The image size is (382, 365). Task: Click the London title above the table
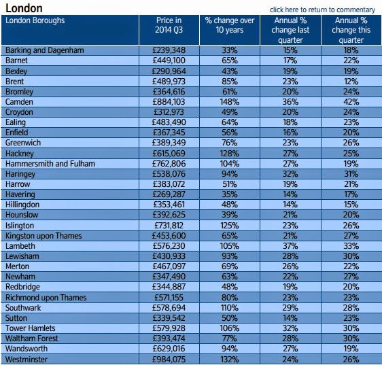pyautogui.click(x=24, y=8)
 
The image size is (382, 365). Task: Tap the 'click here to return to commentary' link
pyautogui.click(x=322, y=10)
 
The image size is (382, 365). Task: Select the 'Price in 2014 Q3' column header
pyautogui.click(x=169, y=25)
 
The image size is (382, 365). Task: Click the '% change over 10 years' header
pyautogui.click(x=230, y=25)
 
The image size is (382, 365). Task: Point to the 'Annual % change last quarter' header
pyautogui.click(x=290, y=30)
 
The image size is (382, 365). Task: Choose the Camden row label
pyautogui.click(x=19, y=102)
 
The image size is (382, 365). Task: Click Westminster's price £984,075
pyautogui.click(x=169, y=360)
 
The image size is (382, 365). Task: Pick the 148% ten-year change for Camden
pyautogui.click(x=230, y=102)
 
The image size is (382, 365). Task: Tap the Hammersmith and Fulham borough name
pyautogui.click(x=50, y=164)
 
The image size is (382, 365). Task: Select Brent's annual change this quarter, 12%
pyautogui.click(x=351, y=82)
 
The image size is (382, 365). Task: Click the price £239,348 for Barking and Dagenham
pyautogui.click(x=169, y=50)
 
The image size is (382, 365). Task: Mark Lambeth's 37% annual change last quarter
pyautogui.click(x=290, y=246)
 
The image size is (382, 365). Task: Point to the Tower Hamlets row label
pyautogui.click(x=31, y=328)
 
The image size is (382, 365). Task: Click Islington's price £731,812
pyautogui.click(x=169, y=226)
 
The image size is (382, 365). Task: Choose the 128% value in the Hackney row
pyautogui.click(x=230, y=154)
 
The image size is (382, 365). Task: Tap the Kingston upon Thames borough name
pyautogui.click(x=44, y=236)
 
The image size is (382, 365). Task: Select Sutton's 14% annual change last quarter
pyautogui.click(x=290, y=318)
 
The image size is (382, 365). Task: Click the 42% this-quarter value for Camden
pyautogui.click(x=351, y=102)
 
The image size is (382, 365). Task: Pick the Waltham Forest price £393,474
pyautogui.click(x=169, y=338)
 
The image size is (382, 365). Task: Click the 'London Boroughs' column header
pyautogui.click(x=35, y=20)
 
